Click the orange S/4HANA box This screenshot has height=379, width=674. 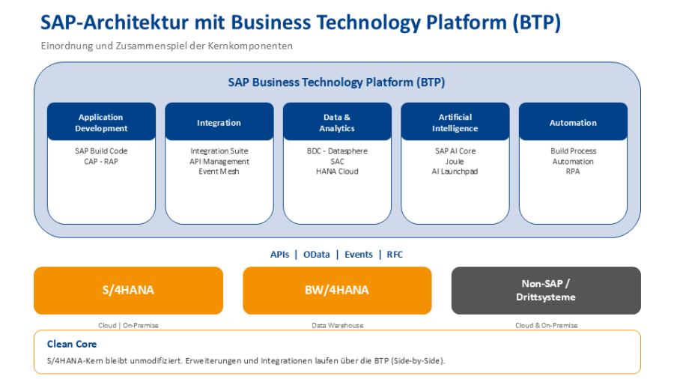coord(128,290)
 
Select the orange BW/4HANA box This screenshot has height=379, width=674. coord(337,290)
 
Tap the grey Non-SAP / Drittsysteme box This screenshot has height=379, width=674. coord(546,290)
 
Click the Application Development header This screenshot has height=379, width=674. coord(101,122)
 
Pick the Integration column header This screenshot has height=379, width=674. coord(219,122)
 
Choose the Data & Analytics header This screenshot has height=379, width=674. coord(337,122)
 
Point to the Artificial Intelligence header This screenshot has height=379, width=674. coord(455,122)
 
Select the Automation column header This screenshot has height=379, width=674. coord(573,122)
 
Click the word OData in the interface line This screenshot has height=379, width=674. coord(316,255)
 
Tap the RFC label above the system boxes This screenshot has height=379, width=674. coord(395,255)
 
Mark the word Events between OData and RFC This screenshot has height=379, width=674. coord(359,255)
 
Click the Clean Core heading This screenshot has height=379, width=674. coord(72,344)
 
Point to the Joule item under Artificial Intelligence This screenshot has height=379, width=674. coord(455,161)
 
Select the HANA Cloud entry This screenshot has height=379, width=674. coord(337,172)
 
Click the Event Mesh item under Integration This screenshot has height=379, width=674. coord(219,172)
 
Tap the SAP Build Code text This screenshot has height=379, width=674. coord(101,151)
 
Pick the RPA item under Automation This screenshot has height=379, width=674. coord(573,172)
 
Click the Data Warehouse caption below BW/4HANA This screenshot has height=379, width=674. coord(337,325)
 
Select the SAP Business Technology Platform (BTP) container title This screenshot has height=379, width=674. coord(337,82)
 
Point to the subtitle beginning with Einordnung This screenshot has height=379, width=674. coord(166,46)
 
